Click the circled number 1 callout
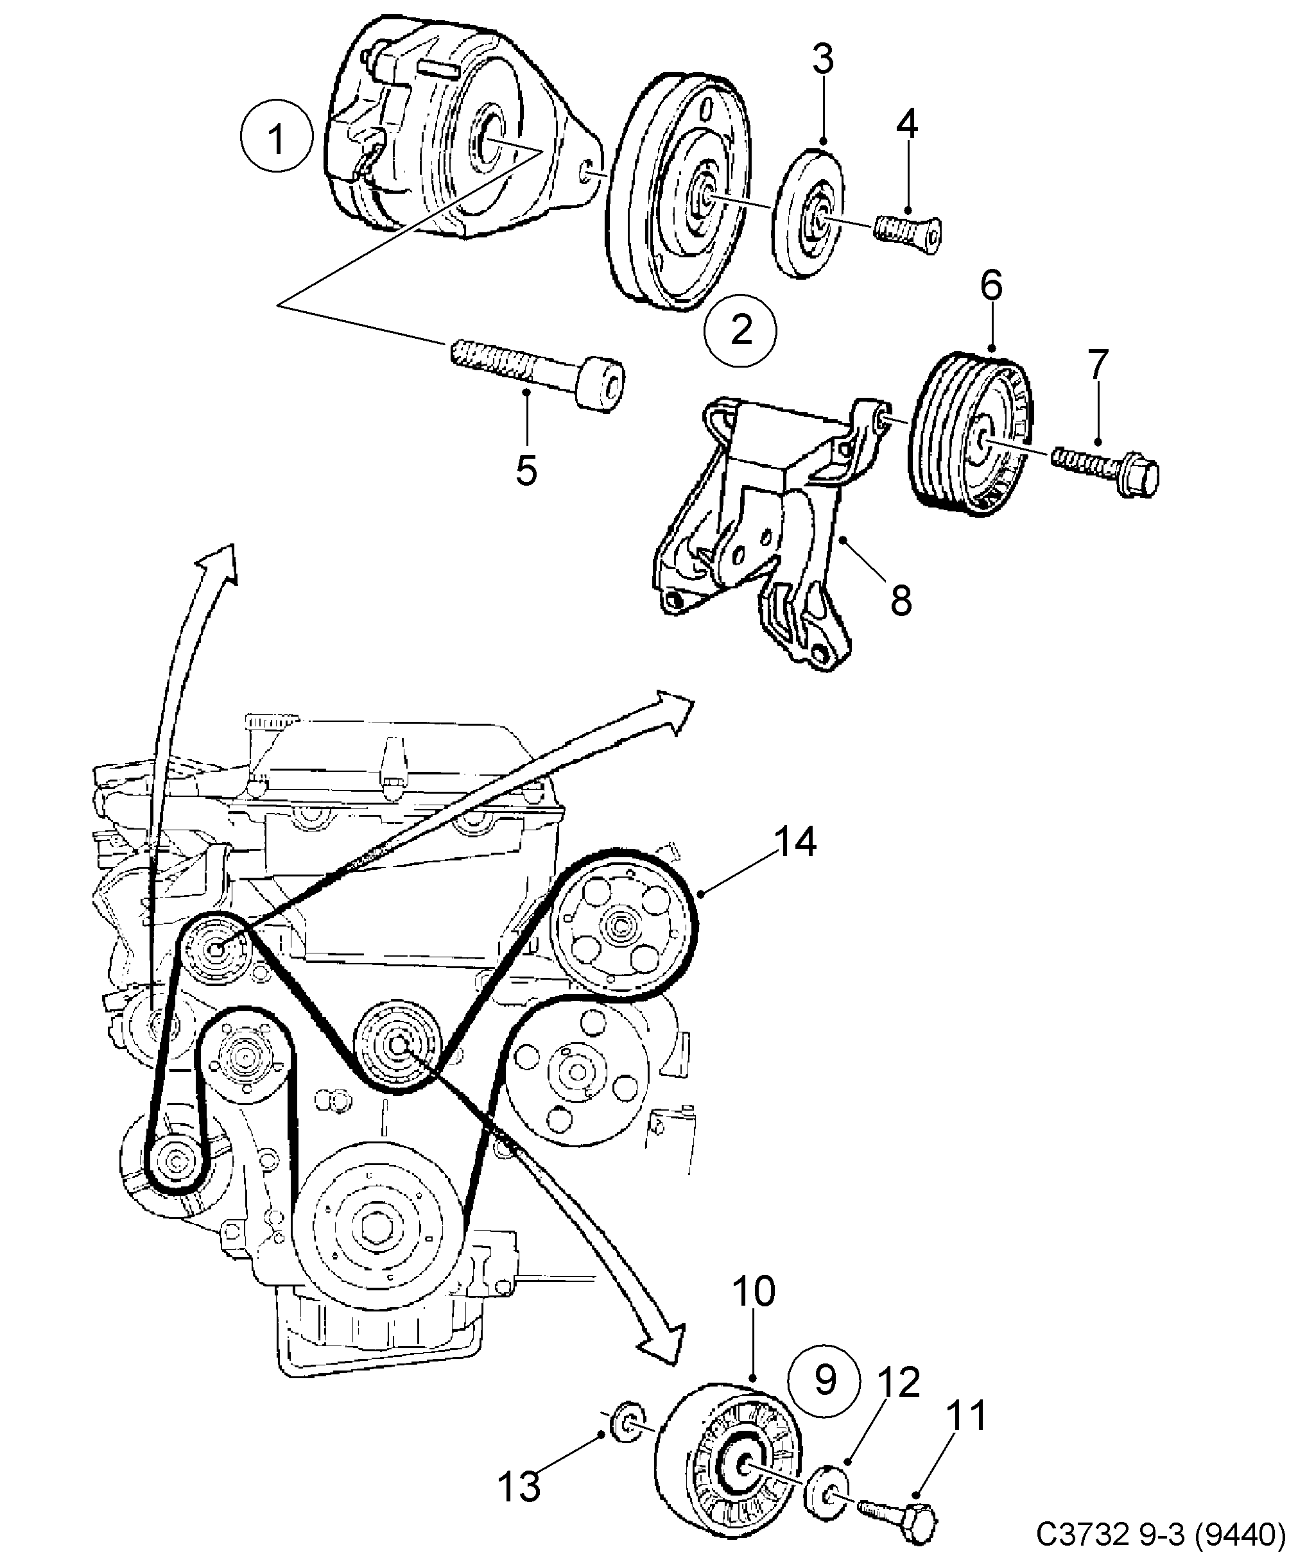point(275,139)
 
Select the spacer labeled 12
point(830,1492)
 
